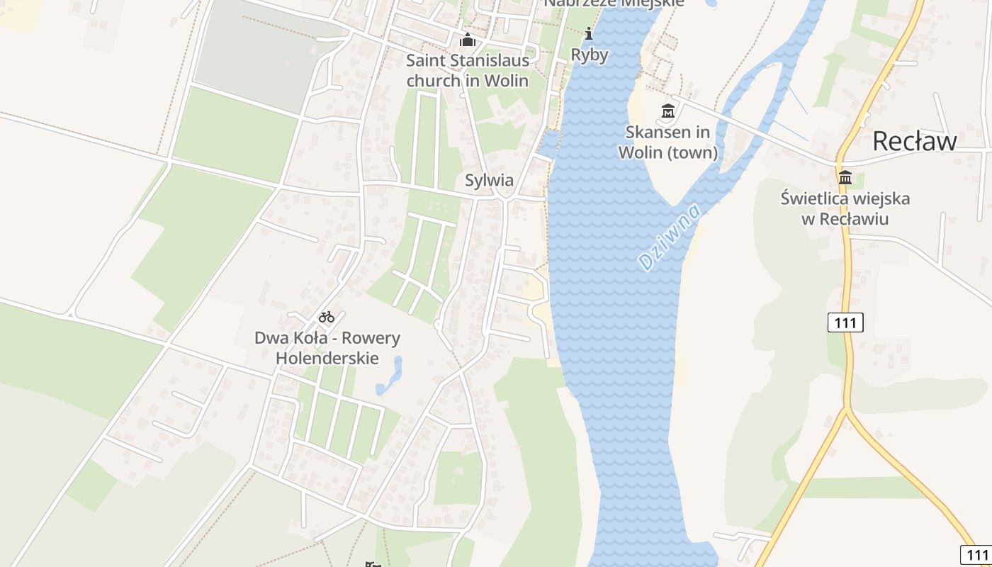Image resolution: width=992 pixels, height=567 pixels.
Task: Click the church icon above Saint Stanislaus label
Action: tap(467, 40)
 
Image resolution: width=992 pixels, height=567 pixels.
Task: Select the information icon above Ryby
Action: tap(589, 33)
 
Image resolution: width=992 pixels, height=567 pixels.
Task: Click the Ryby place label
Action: tap(590, 55)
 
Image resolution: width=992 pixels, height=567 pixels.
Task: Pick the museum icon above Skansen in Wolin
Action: tap(667, 111)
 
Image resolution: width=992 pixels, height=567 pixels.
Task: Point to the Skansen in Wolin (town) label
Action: tap(667, 142)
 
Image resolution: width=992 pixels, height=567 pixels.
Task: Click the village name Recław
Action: tap(914, 141)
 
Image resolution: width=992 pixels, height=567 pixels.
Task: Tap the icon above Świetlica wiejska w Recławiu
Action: tap(845, 177)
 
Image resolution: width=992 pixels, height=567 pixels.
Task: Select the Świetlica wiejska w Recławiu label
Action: tap(845, 208)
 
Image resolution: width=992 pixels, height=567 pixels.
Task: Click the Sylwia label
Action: tap(489, 180)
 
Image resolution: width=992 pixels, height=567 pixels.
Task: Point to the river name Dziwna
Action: tap(669, 237)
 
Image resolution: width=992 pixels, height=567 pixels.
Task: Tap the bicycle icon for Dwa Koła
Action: tap(326, 317)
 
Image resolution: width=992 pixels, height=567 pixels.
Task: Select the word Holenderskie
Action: tap(327, 358)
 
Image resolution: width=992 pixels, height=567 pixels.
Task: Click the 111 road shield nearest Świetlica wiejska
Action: tap(845, 323)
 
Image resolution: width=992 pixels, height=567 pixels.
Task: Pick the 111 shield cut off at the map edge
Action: tap(976, 554)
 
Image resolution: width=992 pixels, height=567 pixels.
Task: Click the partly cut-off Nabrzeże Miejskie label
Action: tap(614, 4)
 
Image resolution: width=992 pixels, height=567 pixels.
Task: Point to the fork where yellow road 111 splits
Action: tap(847, 411)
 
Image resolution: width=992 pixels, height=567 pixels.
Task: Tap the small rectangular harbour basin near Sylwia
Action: tap(548, 145)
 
